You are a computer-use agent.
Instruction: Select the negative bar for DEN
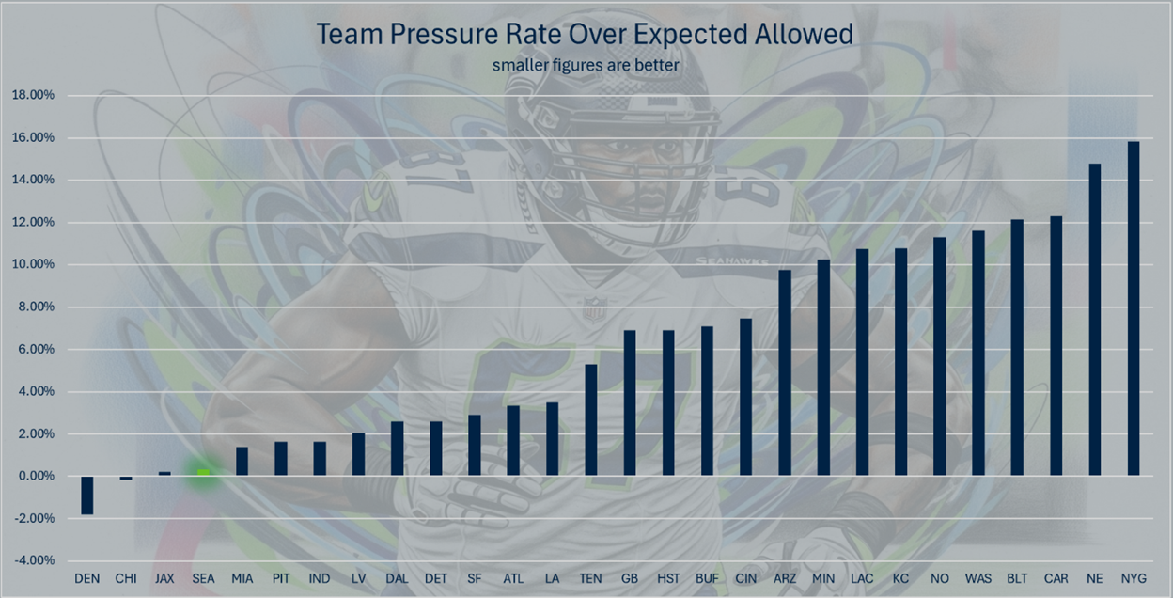[x=86, y=495]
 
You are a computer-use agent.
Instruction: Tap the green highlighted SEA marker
[x=203, y=473]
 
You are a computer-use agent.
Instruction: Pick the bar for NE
[x=1094, y=320]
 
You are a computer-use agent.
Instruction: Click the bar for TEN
[x=591, y=419]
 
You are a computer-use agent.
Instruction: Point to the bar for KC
[x=900, y=362]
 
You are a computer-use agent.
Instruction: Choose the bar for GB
[x=630, y=402]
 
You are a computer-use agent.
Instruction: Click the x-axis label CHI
[x=125, y=578]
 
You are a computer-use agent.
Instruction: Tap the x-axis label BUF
[x=707, y=578]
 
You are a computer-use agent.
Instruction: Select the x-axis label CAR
[x=1056, y=578]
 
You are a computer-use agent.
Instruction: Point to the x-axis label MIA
[x=242, y=578]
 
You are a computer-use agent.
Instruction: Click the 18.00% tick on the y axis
[x=33, y=95]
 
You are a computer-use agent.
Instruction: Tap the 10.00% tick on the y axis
[x=33, y=264]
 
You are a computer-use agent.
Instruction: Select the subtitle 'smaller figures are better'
[x=586, y=65]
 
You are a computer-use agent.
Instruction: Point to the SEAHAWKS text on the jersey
[x=731, y=260]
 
